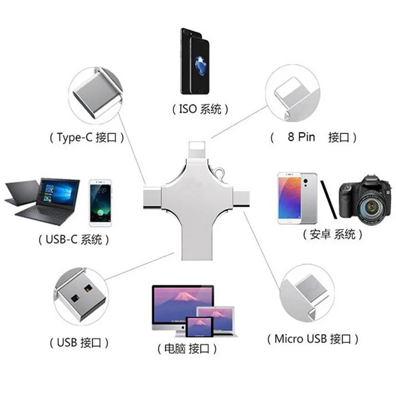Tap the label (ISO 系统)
point(200,109)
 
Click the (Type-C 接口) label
point(86,138)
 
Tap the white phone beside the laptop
point(101,202)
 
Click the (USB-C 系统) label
point(73,240)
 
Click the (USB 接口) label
point(79,342)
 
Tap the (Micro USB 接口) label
point(312,339)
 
